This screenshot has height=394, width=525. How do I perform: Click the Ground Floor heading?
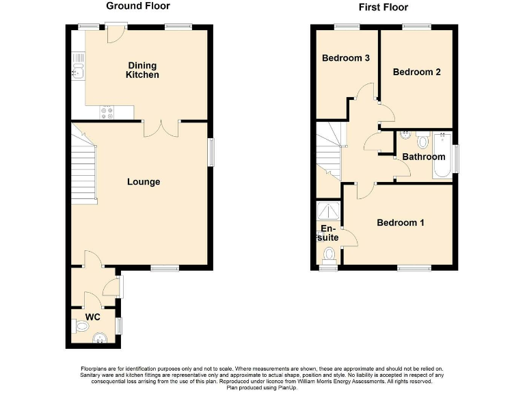tap(138, 6)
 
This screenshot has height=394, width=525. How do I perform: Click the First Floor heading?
tap(383, 8)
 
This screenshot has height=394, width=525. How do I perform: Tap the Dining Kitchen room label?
tap(142, 70)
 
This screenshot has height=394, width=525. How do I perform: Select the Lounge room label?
tap(144, 182)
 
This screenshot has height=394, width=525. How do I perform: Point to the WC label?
tap(93, 317)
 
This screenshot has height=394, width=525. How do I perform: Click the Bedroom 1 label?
tap(400, 223)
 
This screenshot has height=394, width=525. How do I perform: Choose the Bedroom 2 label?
tap(416, 72)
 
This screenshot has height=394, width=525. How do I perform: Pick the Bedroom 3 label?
tap(346, 58)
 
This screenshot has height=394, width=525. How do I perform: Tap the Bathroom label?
tap(423, 157)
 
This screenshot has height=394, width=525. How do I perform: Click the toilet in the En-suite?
tap(329, 255)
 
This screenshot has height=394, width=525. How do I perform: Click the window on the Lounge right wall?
tap(211, 152)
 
